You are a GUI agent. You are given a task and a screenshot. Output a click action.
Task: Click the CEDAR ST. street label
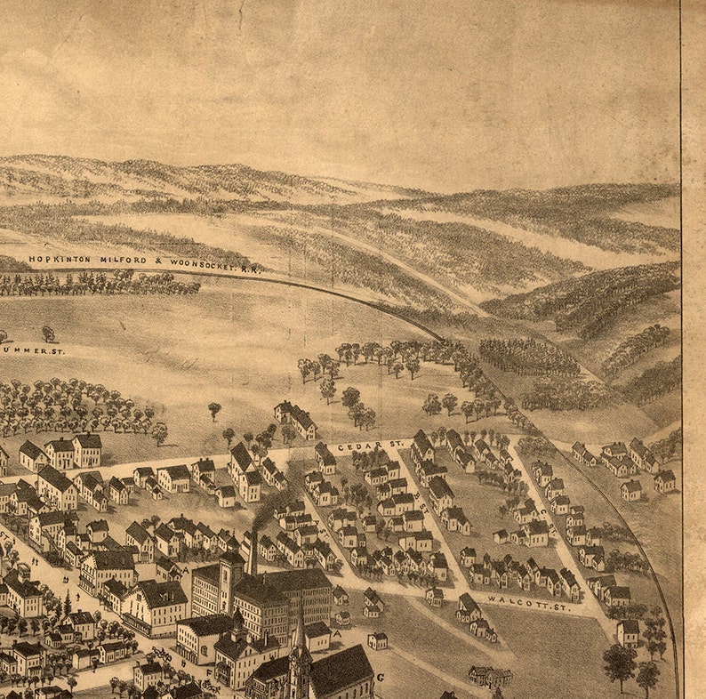click(371, 443)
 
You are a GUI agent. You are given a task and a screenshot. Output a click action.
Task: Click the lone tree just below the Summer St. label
click(48, 333)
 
